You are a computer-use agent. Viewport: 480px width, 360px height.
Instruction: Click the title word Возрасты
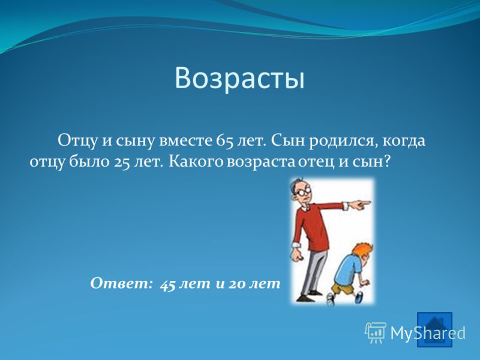pos(239,79)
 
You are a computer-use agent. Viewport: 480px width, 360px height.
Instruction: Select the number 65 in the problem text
pos(224,141)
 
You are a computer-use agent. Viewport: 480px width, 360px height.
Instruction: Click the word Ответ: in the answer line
pos(121,283)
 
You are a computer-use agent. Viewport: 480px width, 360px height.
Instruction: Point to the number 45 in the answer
pos(167,284)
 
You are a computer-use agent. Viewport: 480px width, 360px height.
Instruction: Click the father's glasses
pos(304,192)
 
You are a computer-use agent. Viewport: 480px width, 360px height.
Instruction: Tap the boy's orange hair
pos(364,250)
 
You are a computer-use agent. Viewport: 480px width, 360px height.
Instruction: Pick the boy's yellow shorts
pos(340,289)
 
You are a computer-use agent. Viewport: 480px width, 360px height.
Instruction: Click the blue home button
pos(434,329)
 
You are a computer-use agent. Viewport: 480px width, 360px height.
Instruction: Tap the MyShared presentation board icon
pos(376,332)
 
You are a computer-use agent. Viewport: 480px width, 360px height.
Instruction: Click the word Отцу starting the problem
pos(78,142)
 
